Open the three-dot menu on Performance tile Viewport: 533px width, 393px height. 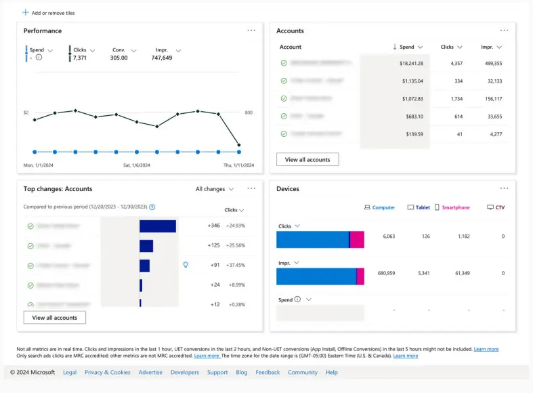[251, 30]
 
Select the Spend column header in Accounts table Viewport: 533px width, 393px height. [408, 47]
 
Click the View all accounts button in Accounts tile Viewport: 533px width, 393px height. [307, 160]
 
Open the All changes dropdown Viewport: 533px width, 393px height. [214, 189]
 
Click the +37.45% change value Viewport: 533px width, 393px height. [236, 265]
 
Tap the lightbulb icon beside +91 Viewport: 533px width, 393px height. [186, 265]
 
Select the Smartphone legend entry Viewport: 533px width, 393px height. [452, 207]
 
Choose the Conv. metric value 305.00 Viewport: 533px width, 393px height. [119, 58]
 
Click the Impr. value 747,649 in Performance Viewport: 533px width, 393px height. [162, 58]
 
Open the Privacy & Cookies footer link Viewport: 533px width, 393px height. [107, 372]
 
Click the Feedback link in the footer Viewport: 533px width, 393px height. [268, 372]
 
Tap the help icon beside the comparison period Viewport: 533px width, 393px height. [152, 207]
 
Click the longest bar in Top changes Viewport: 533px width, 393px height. [157, 226]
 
